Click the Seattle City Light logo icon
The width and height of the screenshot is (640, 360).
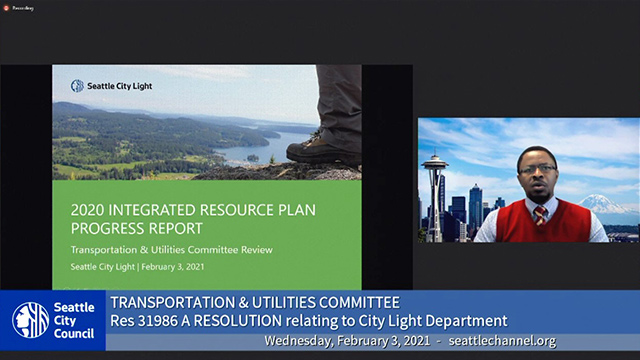tap(77, 86)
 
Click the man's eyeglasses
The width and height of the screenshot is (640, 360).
tap(537, 169)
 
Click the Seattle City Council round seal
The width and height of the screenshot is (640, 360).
tap(30, 320)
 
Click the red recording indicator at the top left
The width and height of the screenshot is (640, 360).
tap(8, 6)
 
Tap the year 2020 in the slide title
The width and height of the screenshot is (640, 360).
tap(92, 211)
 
